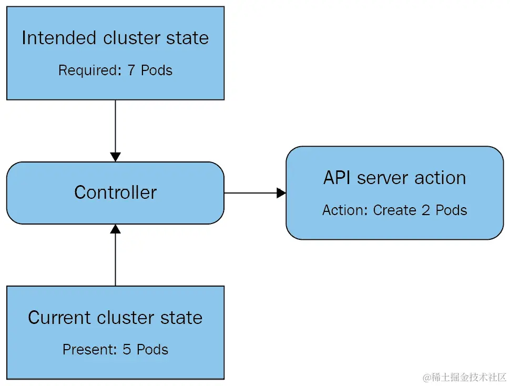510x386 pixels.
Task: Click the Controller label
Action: (x=115, y=192)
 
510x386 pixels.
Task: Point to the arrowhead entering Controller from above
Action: (x=115, y=157)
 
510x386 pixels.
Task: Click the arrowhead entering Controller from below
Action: (x=115, y=229)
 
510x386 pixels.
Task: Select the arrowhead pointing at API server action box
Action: (x=281, y=193)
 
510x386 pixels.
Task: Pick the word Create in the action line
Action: (x=394, y=210)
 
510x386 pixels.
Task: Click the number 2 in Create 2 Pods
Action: (x=425, y=210)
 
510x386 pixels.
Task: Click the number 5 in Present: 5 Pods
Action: (x=128, y=349)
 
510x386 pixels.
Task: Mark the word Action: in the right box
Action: (x=345, y=210)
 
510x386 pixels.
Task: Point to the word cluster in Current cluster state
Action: (x=137, y=318)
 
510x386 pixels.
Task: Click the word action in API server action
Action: (x=441, y=178)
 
